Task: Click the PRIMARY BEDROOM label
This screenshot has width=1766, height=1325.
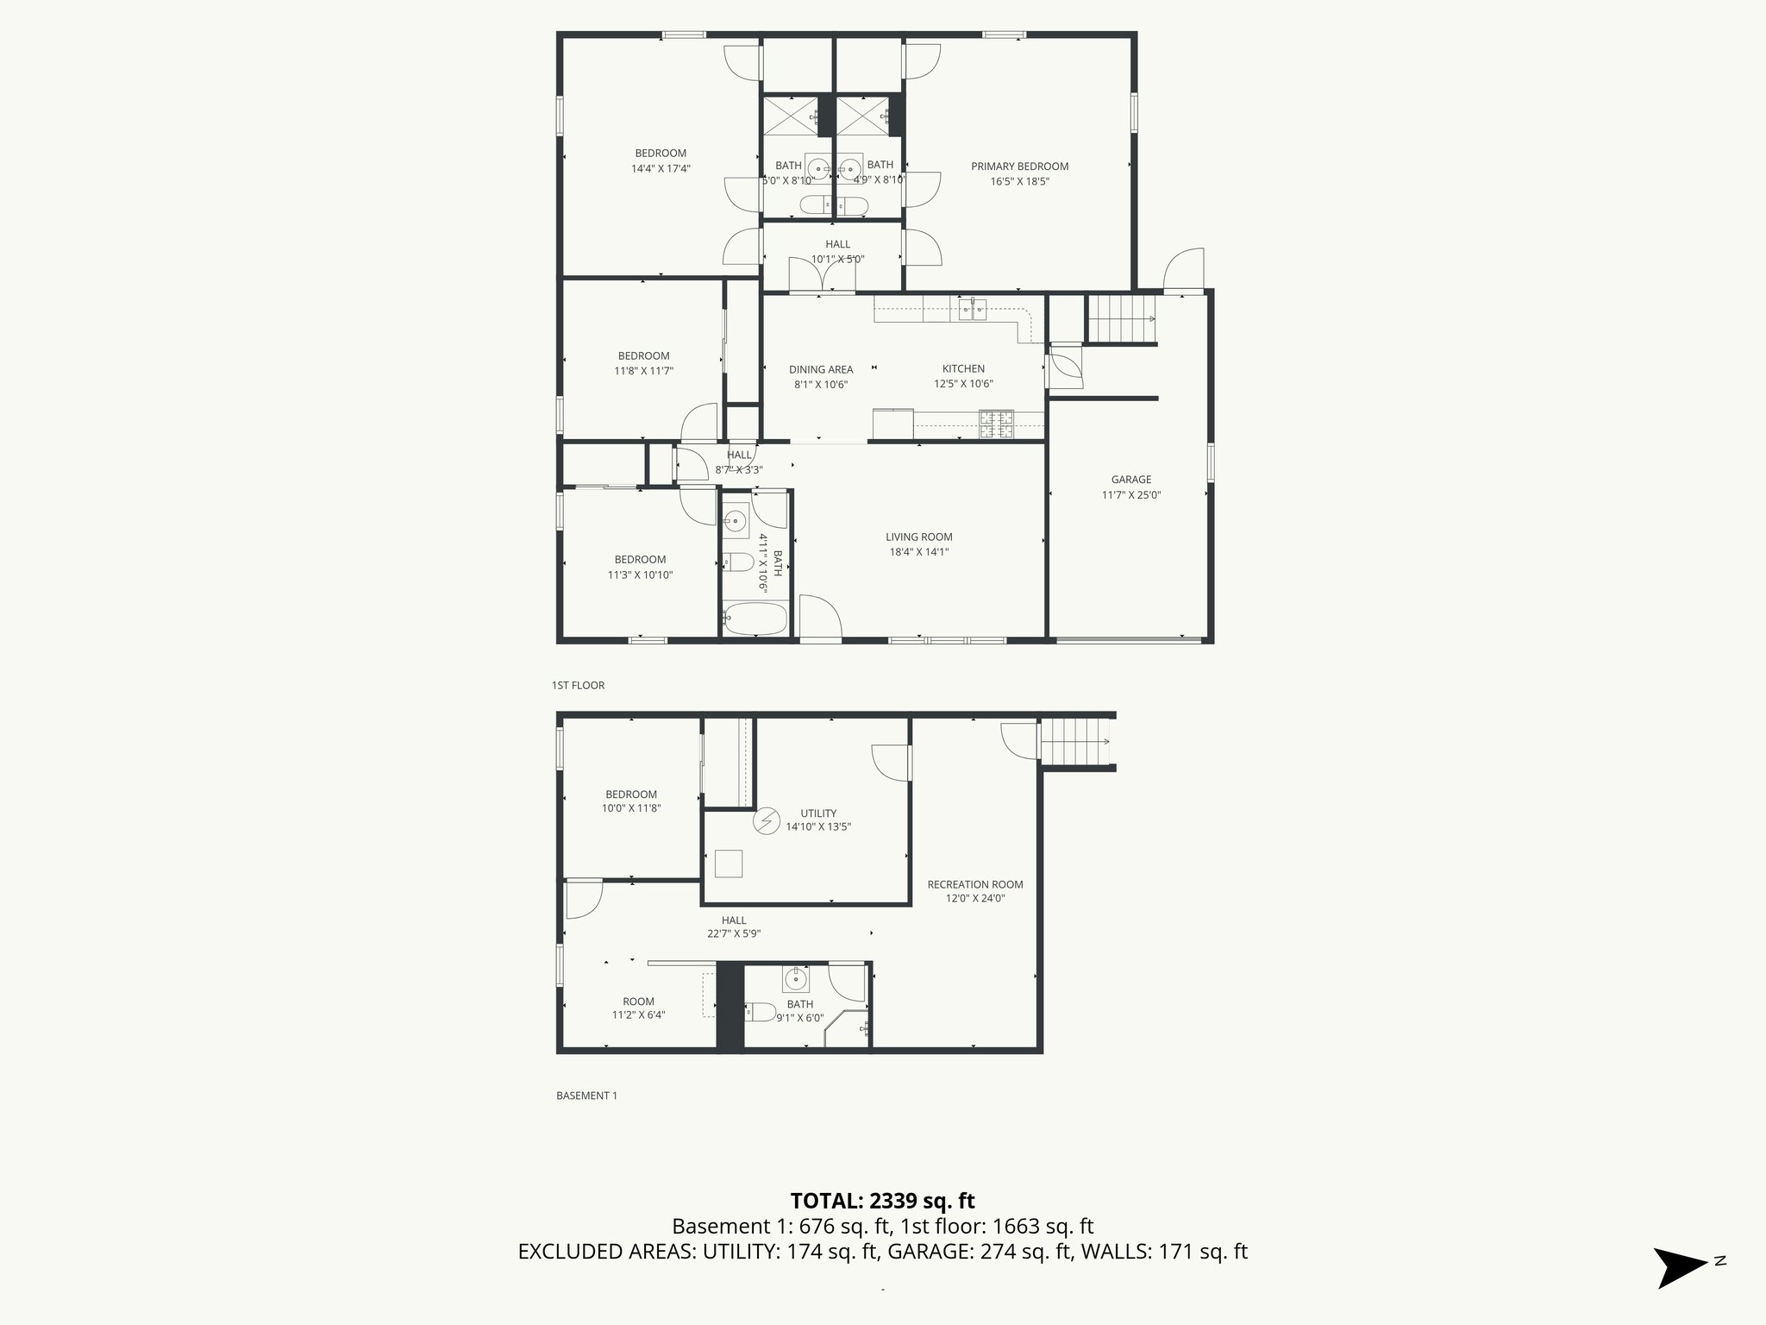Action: coord(1019,166)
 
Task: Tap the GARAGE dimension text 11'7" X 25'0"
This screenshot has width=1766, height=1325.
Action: coord(1131,495)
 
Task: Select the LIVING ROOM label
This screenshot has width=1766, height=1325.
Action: coord(918,537)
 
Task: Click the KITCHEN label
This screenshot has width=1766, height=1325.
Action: coord(963,368)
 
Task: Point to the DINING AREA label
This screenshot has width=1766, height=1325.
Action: coord(821,369)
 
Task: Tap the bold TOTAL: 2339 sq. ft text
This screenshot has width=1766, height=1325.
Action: coord(882,1200)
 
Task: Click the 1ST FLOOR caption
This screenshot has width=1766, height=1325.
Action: coord(578,685)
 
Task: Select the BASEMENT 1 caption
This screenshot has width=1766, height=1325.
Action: coord(586,1096)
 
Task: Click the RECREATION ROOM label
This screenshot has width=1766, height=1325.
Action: coord(975,884)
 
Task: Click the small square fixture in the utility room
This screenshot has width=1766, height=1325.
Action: coord(729,863)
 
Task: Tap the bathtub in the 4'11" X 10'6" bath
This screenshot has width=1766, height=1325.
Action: coord(755,619)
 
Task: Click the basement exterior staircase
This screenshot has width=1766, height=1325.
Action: coord(1075,742)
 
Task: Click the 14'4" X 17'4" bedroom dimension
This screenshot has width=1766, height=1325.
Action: coord(661,169)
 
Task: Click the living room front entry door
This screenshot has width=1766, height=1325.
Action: coord(820,619)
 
